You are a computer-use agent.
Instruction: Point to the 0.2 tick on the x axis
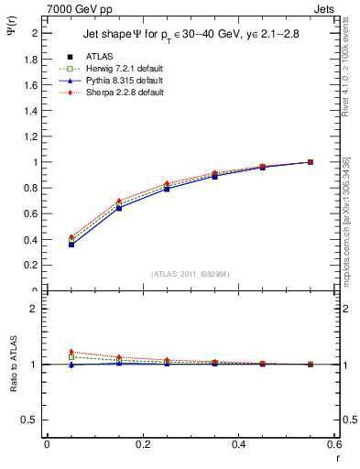143,444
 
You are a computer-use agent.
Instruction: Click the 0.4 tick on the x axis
239,444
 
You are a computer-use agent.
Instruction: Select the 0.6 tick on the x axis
335,444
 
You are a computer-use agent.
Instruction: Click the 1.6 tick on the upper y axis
32,85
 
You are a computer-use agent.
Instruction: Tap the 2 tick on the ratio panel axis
35,309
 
